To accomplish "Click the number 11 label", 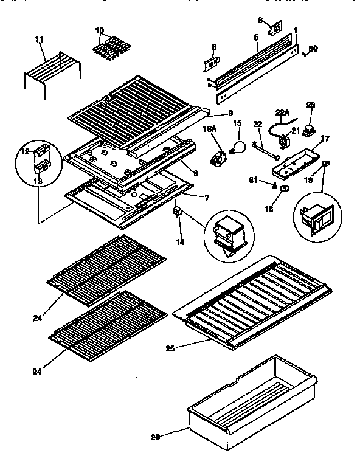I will [x=40, y=40].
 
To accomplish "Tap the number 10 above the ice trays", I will [x=100, y=30].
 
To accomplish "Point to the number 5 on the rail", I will [x=256, y=37].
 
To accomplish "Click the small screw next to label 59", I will [x=303, y=52].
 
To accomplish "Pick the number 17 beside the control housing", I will [x=325, y=139].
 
